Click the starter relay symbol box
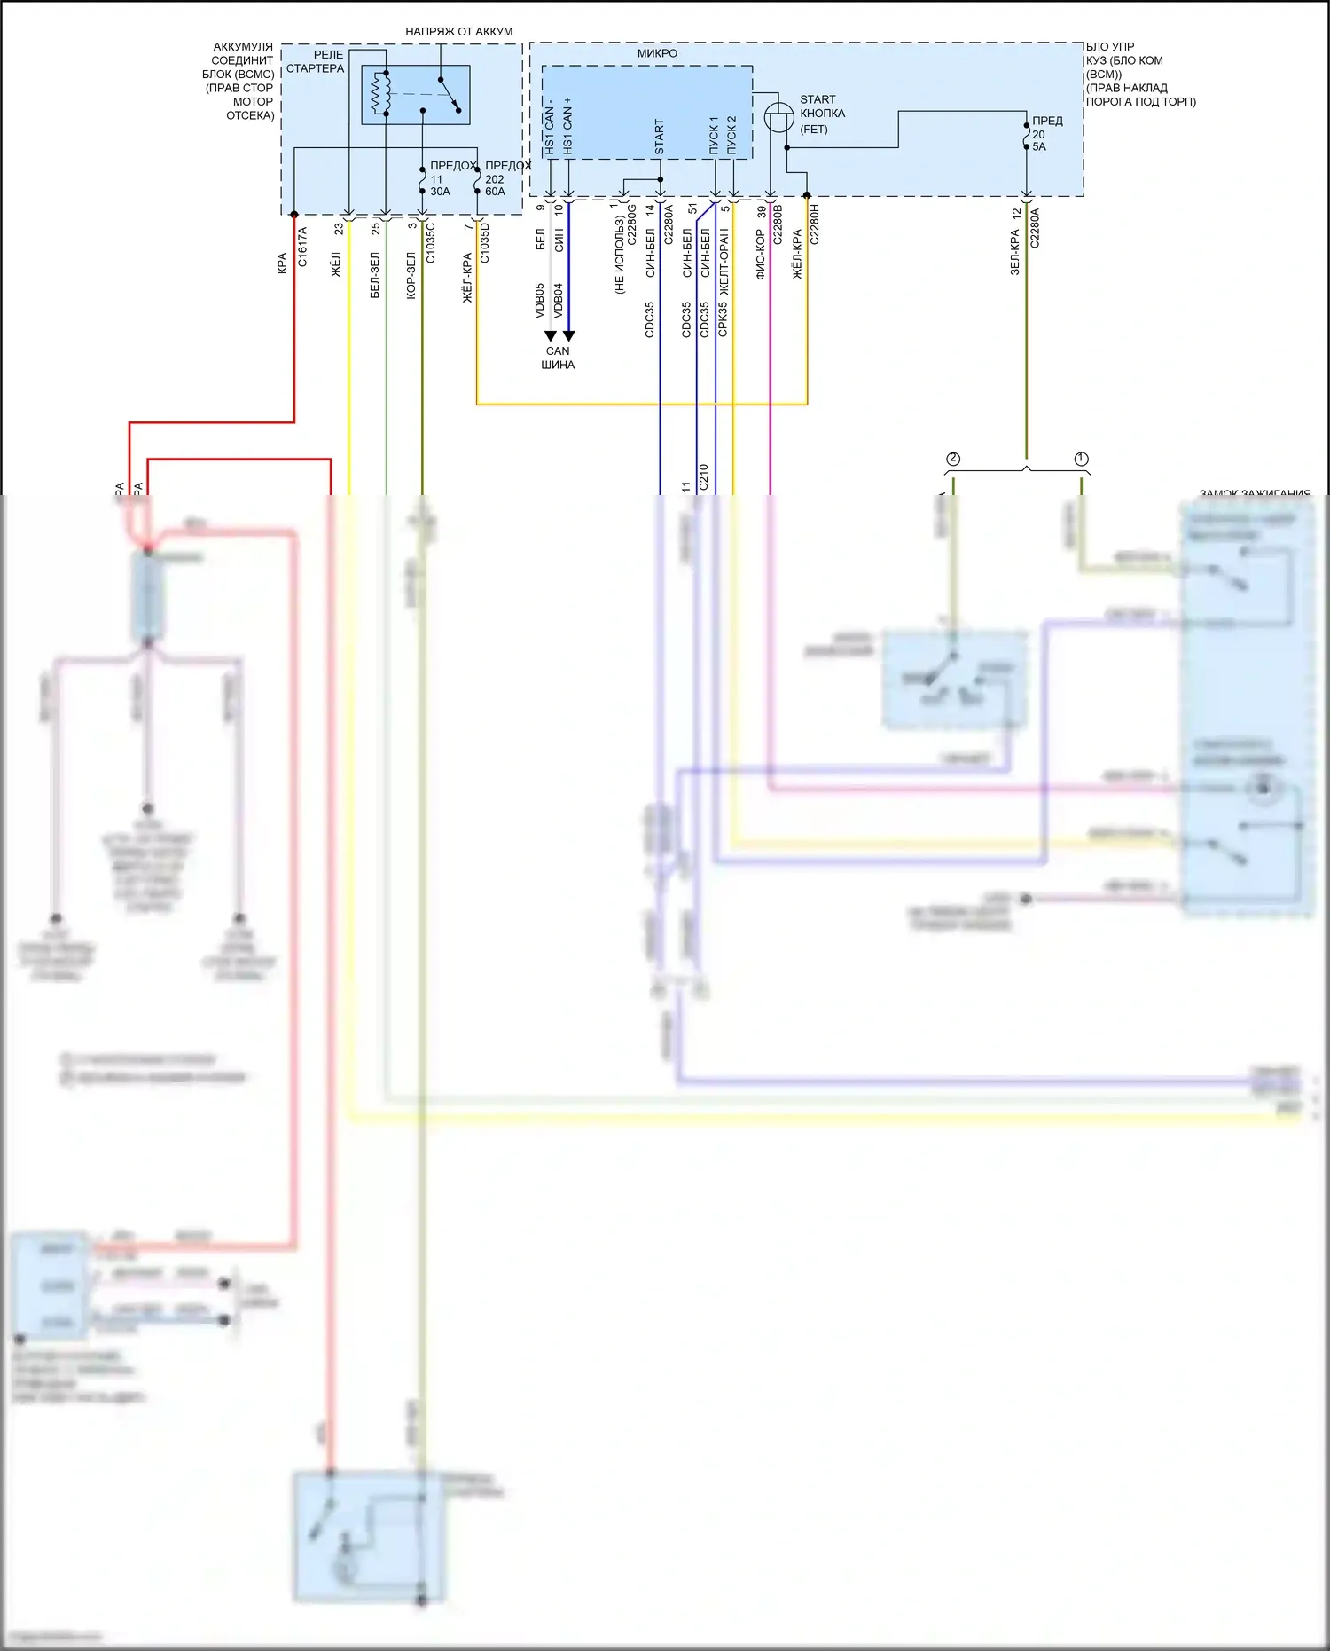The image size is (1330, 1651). (x=416, y=94)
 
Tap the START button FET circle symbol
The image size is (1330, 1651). (x=778, y=117)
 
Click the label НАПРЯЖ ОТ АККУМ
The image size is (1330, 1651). (x=458, y=31)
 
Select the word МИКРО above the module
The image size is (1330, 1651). (x=657, y=53)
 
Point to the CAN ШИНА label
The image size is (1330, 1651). (x=558, y=358)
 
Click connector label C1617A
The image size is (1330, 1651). (x=302, y=247)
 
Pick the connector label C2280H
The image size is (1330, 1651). (x=814, y=224)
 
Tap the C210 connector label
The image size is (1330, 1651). (x=703, y=477)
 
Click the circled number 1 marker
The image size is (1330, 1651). (x=1081, y=459)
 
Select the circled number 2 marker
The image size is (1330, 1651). (x=953, y=459)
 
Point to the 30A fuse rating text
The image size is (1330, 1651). (x=440, y=192)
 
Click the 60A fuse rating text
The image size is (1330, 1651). (x=495, y=192)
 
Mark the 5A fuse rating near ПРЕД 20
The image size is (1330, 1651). (x=1039, y=147)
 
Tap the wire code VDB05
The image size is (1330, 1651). (x=539, y=301)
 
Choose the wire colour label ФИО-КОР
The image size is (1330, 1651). (x=761, y=255)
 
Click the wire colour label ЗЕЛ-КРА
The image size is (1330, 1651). (x=1015, y=252)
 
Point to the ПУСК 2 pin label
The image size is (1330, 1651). (x=731, y=135)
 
